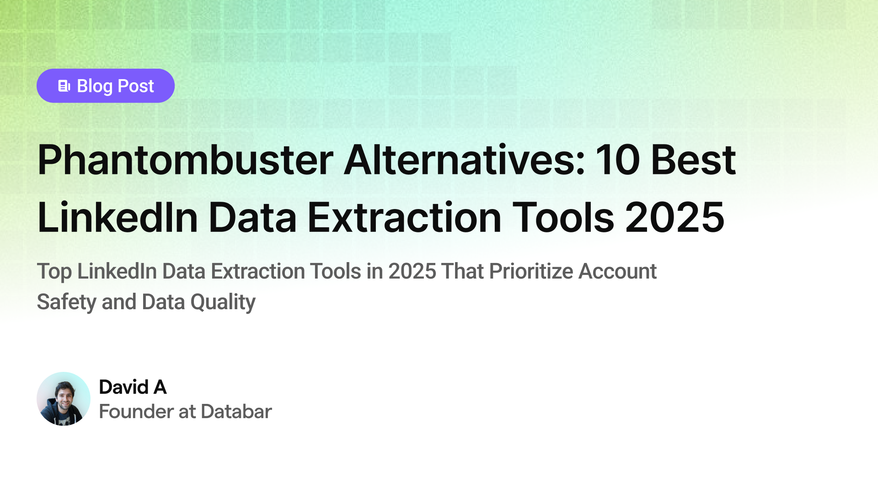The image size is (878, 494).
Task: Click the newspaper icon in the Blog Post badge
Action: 64,86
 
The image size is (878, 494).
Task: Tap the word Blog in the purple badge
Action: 95,86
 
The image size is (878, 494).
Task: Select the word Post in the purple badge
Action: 136,86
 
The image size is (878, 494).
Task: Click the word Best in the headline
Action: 693,160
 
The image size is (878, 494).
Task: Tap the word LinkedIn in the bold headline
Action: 118,218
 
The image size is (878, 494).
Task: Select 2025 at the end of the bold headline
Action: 675,218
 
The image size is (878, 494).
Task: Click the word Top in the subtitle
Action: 54,272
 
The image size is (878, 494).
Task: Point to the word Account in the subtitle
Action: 617,271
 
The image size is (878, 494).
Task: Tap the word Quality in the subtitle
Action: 223,302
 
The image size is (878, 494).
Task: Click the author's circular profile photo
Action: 64,399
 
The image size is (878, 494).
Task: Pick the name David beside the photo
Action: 123,387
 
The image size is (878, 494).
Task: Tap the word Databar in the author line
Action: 236,412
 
